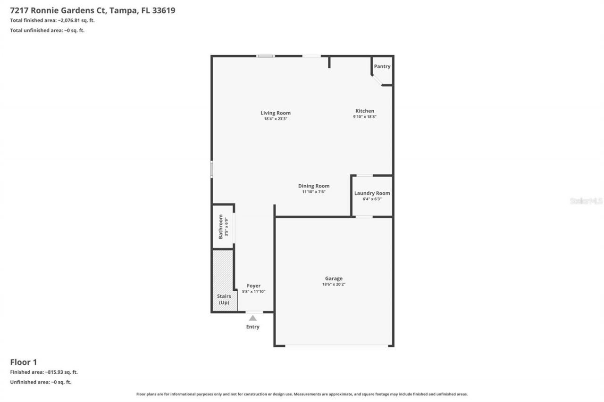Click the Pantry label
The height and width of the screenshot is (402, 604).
(x=382, y=66)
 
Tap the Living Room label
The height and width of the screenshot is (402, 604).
(x=276, y=113)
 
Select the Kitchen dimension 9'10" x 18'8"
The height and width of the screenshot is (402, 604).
(x=365, y=117)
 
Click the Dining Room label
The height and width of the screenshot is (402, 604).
(x=314, y=186)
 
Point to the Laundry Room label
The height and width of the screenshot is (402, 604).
(x=372, y=193)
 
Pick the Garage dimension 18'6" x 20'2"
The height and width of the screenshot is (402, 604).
(x=334, y=284)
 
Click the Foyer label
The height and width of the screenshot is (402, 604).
(x=254, y=286)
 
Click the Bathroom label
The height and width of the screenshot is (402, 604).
(x=220, y=227)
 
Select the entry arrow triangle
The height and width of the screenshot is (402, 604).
(x=253, y=318)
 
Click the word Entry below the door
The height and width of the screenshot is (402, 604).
(x=253, y=327)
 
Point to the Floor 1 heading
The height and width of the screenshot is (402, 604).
(x=24, y=362)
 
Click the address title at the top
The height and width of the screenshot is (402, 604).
(x=92, y=10)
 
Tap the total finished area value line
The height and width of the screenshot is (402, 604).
(x=52, y=20)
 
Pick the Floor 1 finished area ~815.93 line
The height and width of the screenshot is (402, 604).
(x=44, y=372)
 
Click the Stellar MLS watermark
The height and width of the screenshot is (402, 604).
(x=586, y=201)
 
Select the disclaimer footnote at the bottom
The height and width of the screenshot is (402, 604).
(x=302, y=394)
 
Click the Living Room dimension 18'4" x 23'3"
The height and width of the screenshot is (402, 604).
(x=276, y=119)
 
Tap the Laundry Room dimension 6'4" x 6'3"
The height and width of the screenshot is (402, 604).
(x=372, y=199)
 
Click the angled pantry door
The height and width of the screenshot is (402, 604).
(x=377, y=80)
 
